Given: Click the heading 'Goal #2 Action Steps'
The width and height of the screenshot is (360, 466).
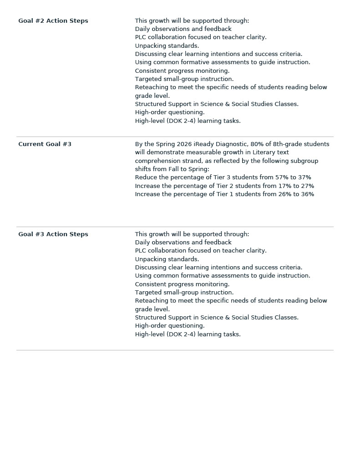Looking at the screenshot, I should pos(53,21).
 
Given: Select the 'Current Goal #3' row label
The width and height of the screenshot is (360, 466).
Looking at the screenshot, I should pos(45,144).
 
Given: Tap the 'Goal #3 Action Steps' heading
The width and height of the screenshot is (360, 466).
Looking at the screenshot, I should pos(53,234).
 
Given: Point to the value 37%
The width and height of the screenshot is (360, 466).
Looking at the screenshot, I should pos(304,177).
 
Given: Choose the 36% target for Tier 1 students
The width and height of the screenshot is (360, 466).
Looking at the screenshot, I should pos(308,194).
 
